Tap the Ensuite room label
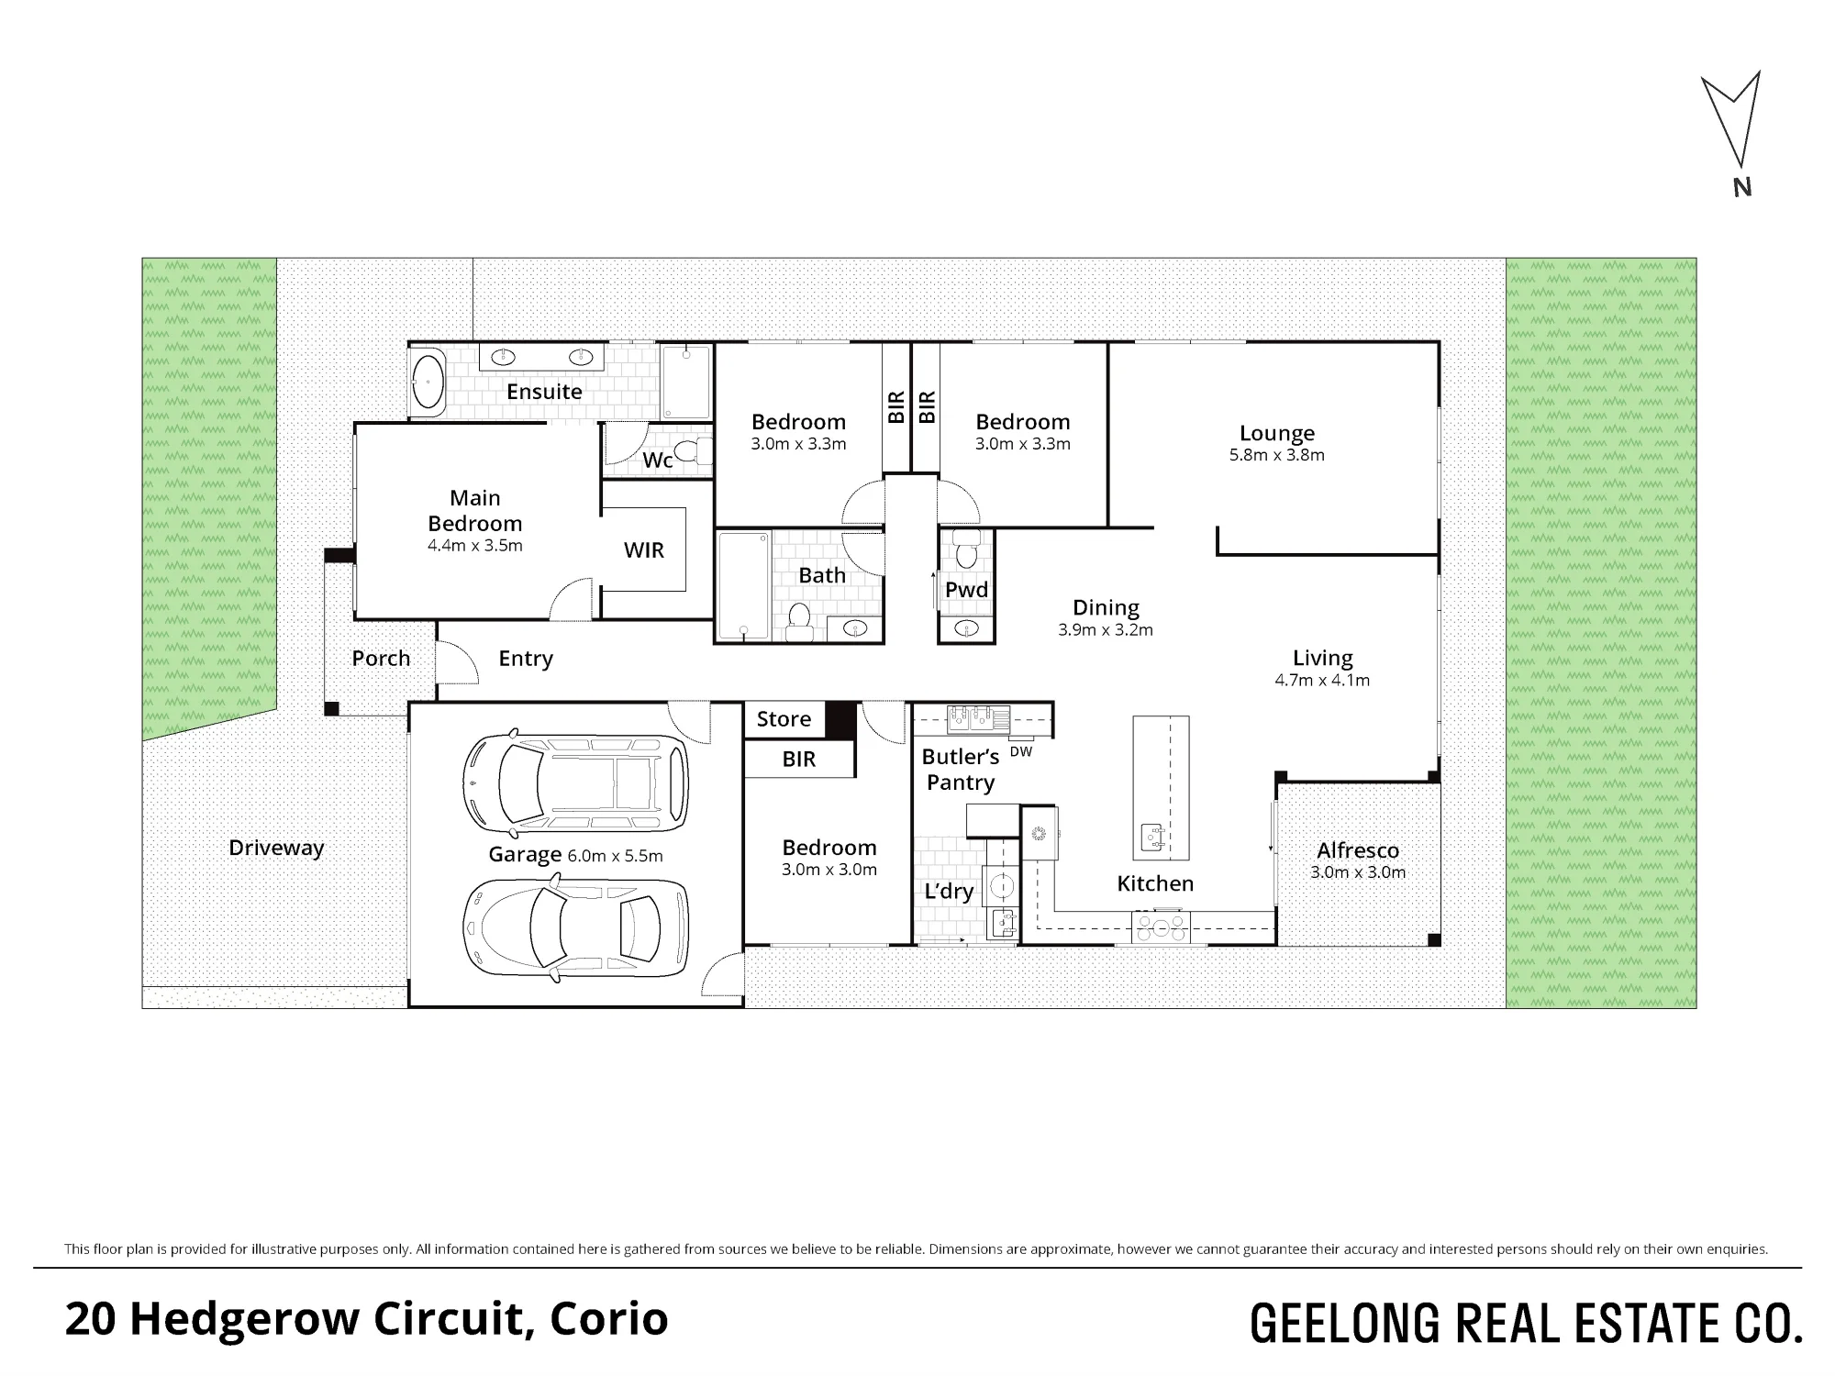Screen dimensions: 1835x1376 click(x=544, y=392)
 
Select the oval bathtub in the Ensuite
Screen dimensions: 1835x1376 click(x=428, y=381)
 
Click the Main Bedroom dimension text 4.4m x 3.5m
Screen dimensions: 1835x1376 click(x=474, y=546)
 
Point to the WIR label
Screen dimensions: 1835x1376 click(x=643, y=550)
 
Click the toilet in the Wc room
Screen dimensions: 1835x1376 click(x=701, y=451)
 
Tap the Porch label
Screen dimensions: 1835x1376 click(x=381, y=659)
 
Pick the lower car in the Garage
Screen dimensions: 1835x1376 click(x=575, y=928)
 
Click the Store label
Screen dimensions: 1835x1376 click(x=784, y=719)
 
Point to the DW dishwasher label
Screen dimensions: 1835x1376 click(x=1020, y=751)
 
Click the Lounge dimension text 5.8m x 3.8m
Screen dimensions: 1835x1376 click(x=1276, y=455)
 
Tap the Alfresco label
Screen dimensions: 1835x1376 click(x=1358, y=850)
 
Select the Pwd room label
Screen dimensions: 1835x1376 click(x=966, y=590)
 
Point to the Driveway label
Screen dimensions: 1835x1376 click(x=276, y=848)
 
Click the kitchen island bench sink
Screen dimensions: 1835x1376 click(x=1151, y=838)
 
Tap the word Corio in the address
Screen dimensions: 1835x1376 click(x=608, y=1319)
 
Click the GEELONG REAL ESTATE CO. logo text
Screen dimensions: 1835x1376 click(x=1526, y=1324)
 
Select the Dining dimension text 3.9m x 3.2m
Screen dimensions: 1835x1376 click(x=1106, y=630)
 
